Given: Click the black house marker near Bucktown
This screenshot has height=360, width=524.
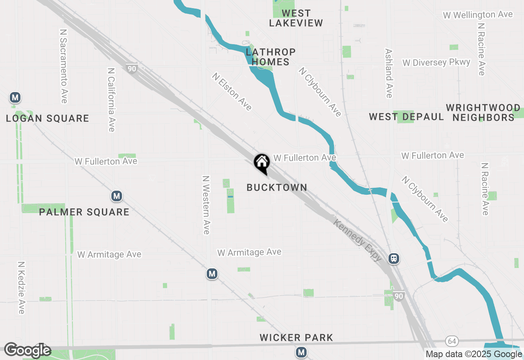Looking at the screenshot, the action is [x=262, y=163].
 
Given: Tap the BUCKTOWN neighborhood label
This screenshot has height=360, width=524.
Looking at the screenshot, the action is [x=277, y=187].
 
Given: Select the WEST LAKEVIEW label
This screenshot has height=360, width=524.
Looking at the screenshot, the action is [x=296, y=18].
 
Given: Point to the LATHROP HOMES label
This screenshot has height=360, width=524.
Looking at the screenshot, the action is [x=271, y=57].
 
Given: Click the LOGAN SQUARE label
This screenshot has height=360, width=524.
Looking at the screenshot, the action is [x=47, y=119].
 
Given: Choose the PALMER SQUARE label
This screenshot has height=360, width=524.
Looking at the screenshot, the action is [x=84, y=212].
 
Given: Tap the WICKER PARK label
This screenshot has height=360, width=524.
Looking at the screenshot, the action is [x=296, y=338].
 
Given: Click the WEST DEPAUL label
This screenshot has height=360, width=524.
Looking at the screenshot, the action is [x=406, y=117].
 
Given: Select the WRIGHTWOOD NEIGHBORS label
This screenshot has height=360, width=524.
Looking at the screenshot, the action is [x=483, y=113].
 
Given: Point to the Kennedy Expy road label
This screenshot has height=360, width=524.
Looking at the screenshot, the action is [x=358, y=241].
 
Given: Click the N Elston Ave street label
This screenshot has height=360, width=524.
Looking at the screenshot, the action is [x=232, y=92].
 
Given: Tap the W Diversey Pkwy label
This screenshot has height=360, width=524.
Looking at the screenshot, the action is [x=436, y=63].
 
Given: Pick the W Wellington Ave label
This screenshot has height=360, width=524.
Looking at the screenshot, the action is [x=478, y=15].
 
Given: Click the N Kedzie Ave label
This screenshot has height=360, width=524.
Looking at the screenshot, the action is [x=21, y=288].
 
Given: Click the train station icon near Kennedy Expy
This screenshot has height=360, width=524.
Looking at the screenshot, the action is [x=394, y=259].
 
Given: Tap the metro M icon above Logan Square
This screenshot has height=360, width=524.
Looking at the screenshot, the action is [x=15, y=98].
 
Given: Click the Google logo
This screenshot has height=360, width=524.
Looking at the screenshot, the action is [x=27, y=351].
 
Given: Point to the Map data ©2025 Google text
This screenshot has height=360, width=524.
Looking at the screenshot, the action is [x=474, y=354].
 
